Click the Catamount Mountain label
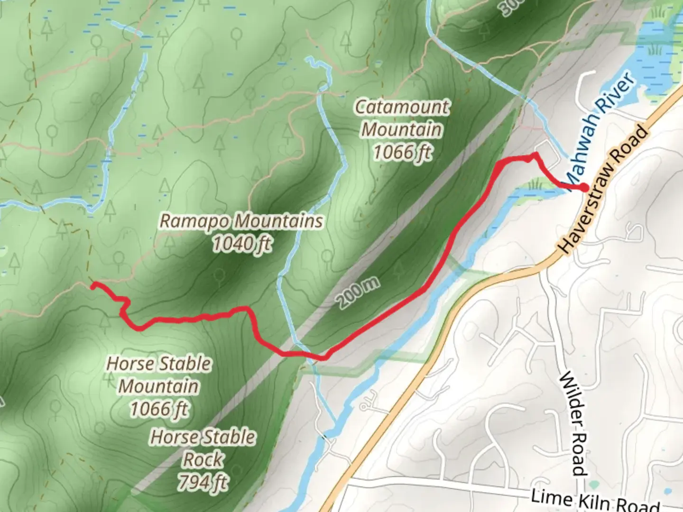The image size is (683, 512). click(402, 129)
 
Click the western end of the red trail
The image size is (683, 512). click(93, 284)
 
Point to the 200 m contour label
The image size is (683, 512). click(359, 293)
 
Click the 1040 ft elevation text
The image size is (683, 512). click(242, 244)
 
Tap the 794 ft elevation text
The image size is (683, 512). click(203, 483)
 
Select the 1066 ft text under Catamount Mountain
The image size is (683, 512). click(402, 152)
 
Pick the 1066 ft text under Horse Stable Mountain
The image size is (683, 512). click(159, 409)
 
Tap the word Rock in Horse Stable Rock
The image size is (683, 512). click(203, 459)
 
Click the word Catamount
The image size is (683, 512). click(402, 107)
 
